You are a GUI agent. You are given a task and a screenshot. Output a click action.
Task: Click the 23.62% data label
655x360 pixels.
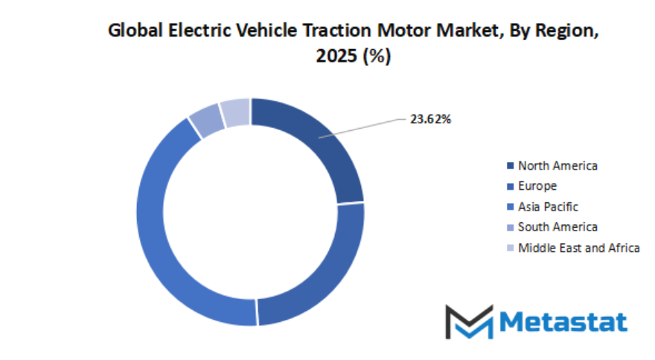430,118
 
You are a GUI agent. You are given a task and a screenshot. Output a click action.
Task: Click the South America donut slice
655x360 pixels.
206,120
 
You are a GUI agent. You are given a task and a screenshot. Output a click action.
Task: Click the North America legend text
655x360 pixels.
557,165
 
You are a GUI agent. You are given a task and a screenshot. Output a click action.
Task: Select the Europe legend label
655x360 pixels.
537,186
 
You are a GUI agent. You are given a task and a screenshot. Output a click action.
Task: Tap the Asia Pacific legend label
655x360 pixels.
548,207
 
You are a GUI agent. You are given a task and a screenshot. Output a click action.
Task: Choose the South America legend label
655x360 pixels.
557,227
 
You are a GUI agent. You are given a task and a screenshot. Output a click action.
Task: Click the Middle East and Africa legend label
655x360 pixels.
578,248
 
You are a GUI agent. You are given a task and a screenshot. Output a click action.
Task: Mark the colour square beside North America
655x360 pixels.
510,165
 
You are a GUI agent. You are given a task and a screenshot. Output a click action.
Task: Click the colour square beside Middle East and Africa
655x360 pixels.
510,248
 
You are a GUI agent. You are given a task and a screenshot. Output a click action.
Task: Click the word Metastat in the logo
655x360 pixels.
563,321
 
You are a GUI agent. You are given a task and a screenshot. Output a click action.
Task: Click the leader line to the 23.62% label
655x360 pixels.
365,126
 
